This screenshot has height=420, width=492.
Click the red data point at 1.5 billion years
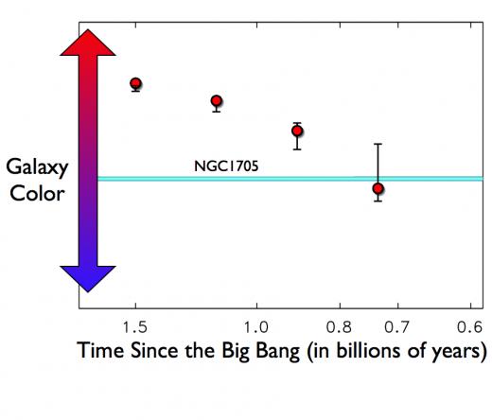coord(135,83)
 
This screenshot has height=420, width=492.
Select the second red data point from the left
coord(217,101)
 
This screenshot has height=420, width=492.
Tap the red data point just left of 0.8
coord(297,131)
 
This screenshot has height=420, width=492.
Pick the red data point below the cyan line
coord(378,188)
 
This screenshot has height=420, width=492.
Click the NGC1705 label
coord(226,166)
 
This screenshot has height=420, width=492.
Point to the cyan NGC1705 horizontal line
coord(290,179)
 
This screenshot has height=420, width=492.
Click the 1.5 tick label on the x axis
coord(135,327)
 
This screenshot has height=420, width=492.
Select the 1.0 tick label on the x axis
coord(256,327)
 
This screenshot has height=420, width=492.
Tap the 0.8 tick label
coord(339,327)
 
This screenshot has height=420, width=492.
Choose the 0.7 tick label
coord(396,327)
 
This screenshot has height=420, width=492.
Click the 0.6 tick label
coord(470,327)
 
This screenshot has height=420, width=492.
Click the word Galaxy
coord(37,167)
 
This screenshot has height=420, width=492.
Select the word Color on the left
coord(37,193)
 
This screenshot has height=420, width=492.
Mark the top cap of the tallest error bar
coord(378,144)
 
